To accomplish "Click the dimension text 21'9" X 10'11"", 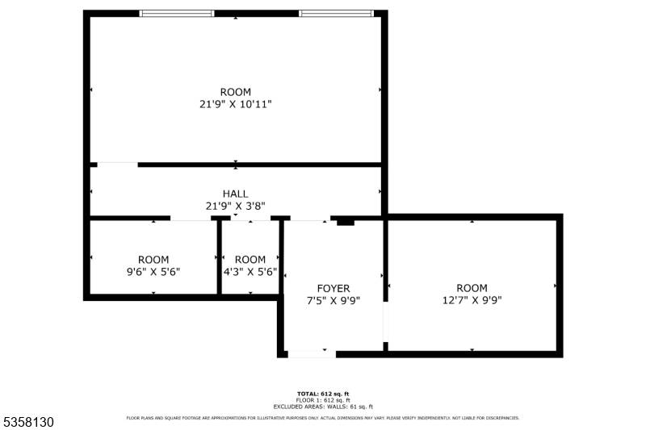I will [235, 104].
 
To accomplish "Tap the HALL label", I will [235, 194].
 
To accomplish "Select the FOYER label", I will [333, 288].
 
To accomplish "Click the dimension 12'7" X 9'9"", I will [472, 301].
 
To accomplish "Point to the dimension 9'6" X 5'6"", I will [153, 272].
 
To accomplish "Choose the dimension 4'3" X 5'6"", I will [250, 272].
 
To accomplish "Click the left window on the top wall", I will [177, 14].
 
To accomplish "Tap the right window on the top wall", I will [337, 14].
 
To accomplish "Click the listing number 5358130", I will [29, 421].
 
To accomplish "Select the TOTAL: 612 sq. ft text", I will [323, 394].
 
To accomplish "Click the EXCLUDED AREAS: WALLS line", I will [323, 407].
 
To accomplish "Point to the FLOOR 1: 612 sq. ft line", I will [323, 400].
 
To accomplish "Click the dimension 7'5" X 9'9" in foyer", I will [333, 301].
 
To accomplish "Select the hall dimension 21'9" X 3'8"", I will [235, 206].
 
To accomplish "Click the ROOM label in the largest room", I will [235, 92].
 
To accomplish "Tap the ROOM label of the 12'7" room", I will [472, 288].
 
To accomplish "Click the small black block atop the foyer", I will [346, 221].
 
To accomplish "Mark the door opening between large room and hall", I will [118, 165].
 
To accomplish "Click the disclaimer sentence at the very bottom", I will [323, 418].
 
